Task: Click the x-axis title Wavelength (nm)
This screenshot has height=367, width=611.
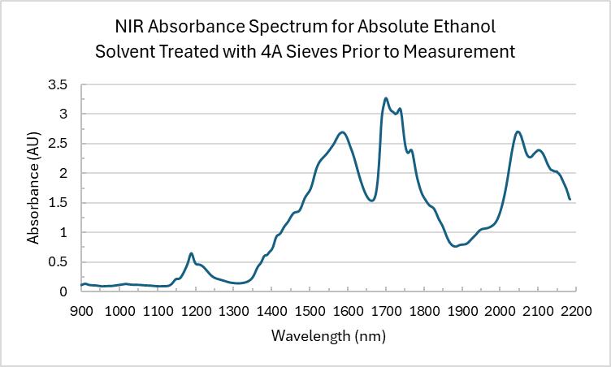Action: click(x=328, y=335)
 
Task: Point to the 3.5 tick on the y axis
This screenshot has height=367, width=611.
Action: click(x=58, y=84)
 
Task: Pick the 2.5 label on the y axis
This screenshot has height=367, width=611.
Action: click(x=58, y=144)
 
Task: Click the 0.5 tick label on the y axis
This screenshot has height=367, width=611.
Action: click(x=58, y=262)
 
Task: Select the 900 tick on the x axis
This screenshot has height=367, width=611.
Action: click(x=81, y=311)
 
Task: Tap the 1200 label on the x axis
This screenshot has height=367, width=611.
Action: click(x=196, y=311)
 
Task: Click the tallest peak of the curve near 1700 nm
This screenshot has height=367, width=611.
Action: click(x=386, y=98)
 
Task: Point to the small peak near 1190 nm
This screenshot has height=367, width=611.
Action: click(x=191, y=253)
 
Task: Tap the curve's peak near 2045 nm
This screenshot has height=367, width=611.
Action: click(x=518, y=132)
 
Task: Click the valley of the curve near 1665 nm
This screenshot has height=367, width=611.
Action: click(x=372, y=201)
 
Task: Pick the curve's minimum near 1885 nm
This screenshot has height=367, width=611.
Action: click(x=456, y=246)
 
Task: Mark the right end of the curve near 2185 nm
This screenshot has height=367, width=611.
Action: click(x=570, y=199)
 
